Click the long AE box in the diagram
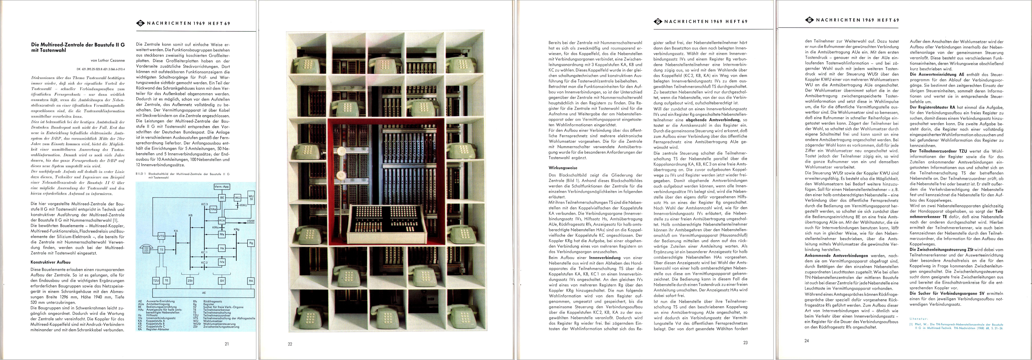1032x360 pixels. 204,293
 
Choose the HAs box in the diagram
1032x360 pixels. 213,209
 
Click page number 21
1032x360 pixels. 227,344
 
